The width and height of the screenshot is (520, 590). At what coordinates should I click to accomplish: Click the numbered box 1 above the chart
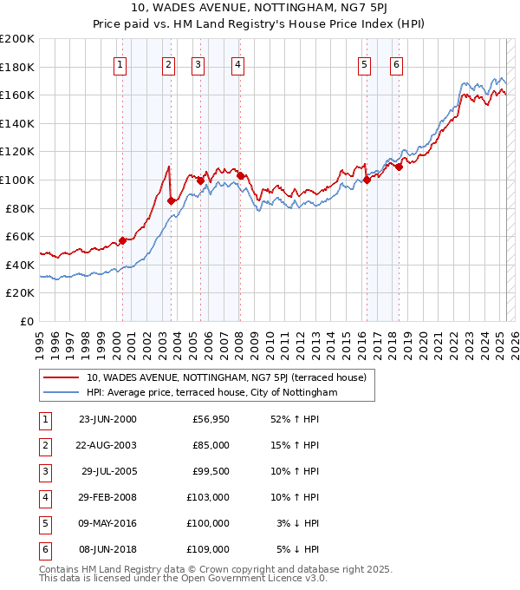pyautogui.click(x=120, y=63)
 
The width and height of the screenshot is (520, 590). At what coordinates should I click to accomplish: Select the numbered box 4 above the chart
pyautogui.click(x=237, y=63)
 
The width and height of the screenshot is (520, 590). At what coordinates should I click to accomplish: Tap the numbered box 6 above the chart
pyautogui.click(x=396, y=63)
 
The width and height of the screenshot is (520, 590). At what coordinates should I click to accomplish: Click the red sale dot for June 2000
pyautogui.click(x=123, y=240)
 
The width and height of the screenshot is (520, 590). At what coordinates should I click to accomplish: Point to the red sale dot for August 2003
pyautogui.click(x=172, y=200)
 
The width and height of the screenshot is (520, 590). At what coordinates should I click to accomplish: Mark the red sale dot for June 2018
pyautogui.click(x=399, y=167)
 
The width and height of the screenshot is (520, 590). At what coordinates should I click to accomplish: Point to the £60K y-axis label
pyautogui.click(x=20, y=236)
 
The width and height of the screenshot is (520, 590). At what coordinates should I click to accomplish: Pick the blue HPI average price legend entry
pyautogui.click(x=211, y=393)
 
